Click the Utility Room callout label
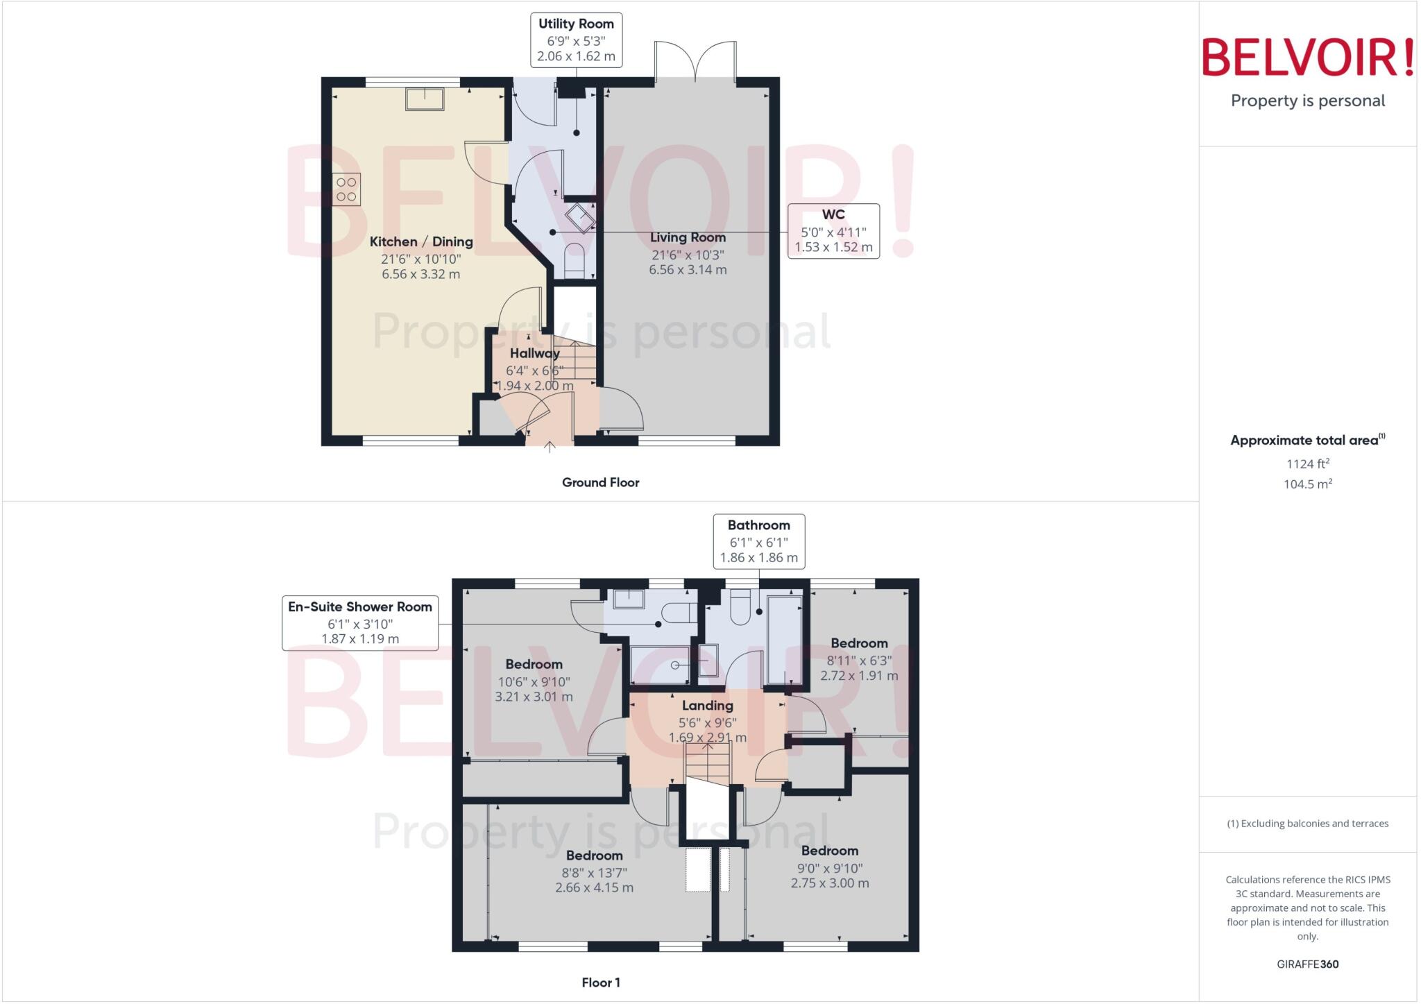point(576,40)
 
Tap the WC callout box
point(833,231)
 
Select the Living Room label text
point(688,238)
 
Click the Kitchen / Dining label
point(421,242)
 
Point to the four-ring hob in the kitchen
point(346,189)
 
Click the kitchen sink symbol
point(425,99)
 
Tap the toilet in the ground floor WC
point(575,259)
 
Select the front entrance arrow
point(550,447)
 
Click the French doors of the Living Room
point(695,62)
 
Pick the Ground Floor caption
point(600,482)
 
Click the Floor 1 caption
point(601,982)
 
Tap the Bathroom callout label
point(758,541)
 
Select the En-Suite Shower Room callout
point(360,622)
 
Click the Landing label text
point(707,706)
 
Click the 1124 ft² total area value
point(1307,463)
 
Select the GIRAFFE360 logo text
point(1307,964)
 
